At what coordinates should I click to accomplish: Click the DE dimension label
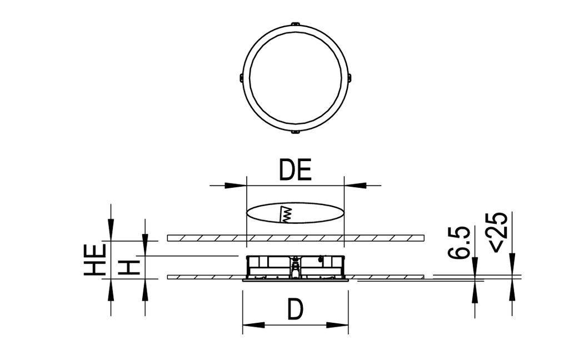(x=295, y=171)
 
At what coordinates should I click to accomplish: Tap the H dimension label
(x=129, y=268)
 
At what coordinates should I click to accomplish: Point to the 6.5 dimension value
(x=461, y=242)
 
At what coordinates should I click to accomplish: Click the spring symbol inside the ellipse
(x=287, y=214)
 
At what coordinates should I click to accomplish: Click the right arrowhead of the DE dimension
(x=352, y=185)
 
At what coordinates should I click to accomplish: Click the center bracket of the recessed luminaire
(x=295, y=267)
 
